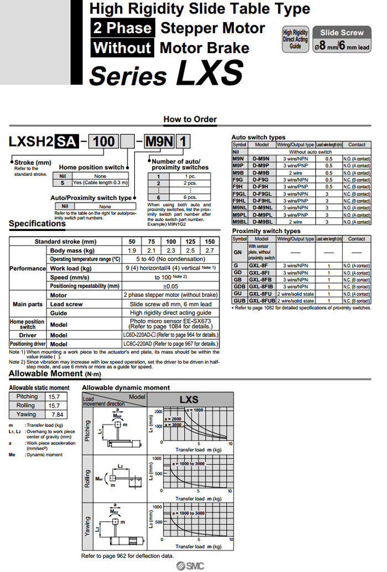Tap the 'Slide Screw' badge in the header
342,33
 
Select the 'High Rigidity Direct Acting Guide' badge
295,39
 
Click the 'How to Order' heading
190,119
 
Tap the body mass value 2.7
210,250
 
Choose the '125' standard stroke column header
190,242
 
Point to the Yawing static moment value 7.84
57,414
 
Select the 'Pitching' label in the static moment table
27,397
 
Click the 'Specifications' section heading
37,224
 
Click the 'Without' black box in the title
122,48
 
